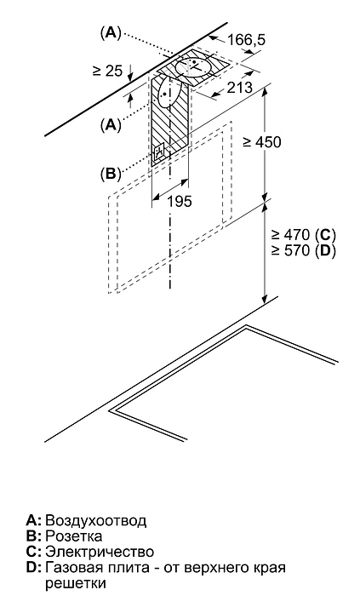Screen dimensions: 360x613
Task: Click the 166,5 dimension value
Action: (x=246, y=40)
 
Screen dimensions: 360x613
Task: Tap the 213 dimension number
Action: (x=239, y=87)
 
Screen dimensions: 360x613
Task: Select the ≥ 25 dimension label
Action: (x=107, y=71)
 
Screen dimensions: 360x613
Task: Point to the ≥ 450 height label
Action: (x=261, y=142)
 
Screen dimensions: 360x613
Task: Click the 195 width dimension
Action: (x=180, y=201)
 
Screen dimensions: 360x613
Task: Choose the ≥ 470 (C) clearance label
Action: (x=304, y=235)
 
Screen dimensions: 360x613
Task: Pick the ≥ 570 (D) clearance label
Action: (x=304, y=250)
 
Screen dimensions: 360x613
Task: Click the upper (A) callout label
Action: (x=111, y=33)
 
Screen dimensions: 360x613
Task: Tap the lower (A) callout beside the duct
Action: (x=111, y=125)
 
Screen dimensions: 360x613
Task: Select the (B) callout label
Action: (x=111, y=174)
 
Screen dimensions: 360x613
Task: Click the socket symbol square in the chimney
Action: (x=160, y=152)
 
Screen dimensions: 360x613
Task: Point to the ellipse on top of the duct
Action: (x=194, y=66)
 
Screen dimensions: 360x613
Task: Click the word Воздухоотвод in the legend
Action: (x=96, y=520)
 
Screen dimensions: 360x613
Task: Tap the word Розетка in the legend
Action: (x=74, y=536)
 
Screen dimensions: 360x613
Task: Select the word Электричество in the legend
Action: (x=100, y=552)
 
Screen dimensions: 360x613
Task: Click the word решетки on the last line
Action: (x=76, y=584)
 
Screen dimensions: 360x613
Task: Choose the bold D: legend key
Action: (x=33, y=568)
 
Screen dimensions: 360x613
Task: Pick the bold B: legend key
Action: (x=33, y=536)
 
